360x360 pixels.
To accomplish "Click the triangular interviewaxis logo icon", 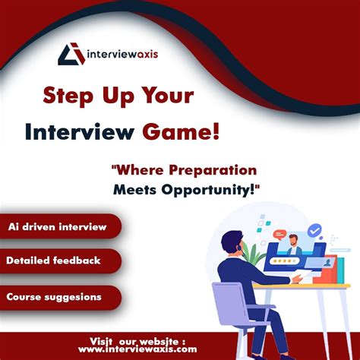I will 71,55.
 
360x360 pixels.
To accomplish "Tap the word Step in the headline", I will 71,97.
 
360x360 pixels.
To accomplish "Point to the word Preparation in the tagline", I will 213,170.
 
